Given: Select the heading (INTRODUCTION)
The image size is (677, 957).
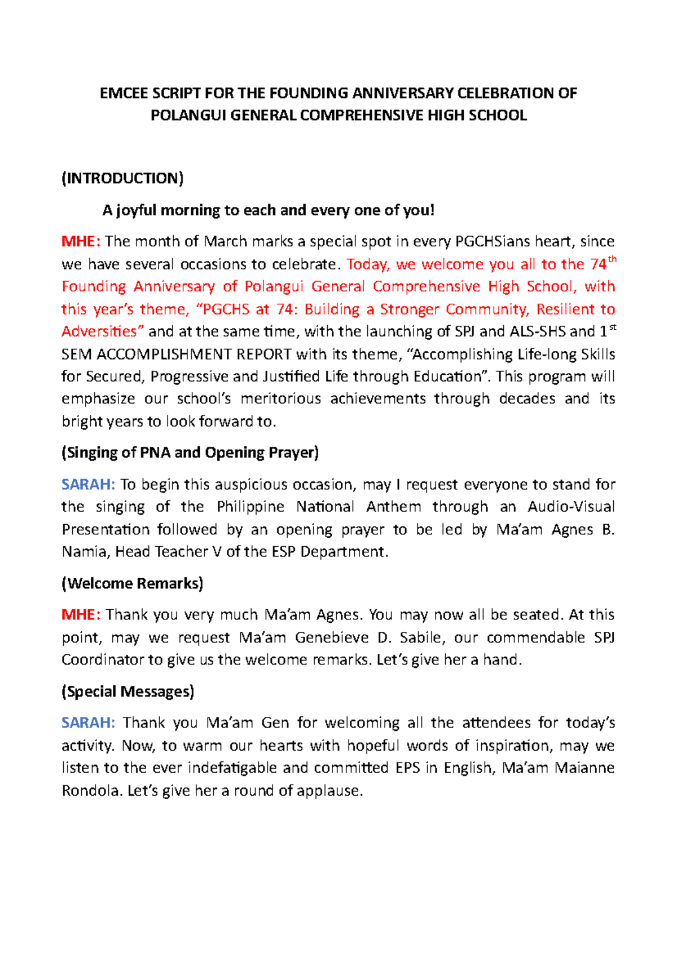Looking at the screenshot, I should (x=122, y=179).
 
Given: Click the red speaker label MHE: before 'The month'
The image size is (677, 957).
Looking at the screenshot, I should (x=81, y=242).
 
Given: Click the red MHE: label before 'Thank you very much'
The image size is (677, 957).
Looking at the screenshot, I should (x=81, y=615).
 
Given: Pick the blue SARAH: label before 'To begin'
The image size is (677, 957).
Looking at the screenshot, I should (x=88, y=485).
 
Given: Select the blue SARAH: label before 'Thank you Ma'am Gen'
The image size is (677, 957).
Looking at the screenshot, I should (x=88, y=723).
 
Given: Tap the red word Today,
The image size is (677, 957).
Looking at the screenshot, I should (x=367, y=264).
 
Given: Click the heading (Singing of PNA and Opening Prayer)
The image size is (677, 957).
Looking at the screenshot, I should (x=190, y=453).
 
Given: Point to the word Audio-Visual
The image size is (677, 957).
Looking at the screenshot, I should (x=571, y=507).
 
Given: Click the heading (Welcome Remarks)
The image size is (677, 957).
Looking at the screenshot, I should (x=132, y=583).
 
